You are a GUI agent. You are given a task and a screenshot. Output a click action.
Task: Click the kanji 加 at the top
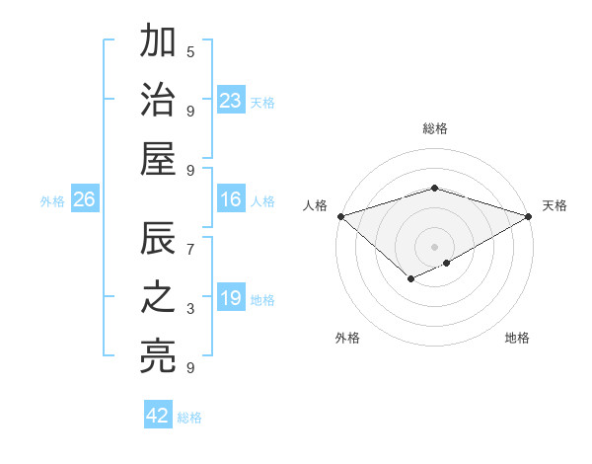pos(159,42)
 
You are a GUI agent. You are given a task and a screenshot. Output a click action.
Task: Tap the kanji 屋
pos(159,158)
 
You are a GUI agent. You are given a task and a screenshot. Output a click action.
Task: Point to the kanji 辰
pos(159,240)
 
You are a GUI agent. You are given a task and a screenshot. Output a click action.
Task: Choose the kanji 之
pos(159,298)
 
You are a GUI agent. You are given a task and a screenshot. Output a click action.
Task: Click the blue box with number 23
pos(230,101)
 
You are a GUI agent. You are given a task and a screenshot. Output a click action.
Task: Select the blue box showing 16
pos(230,200)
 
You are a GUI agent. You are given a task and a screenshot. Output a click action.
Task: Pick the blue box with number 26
pos(84,200)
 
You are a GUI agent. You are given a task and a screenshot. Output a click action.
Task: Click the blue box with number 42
pos(158,416)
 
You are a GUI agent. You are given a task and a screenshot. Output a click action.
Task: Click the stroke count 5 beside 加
pos(190,51)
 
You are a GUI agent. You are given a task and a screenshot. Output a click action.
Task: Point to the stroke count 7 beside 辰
pos(190,250)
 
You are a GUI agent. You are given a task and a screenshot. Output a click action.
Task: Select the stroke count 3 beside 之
pos(190,309)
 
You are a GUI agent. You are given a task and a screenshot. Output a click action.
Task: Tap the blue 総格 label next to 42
pos(189,418)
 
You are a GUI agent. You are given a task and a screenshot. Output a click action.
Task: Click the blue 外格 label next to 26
pos(52,201)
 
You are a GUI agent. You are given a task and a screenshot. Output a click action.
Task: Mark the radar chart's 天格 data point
pos(529,216)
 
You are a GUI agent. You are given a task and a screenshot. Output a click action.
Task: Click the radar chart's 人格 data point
pos(340,216)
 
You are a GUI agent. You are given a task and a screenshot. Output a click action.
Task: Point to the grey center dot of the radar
pos(434,246)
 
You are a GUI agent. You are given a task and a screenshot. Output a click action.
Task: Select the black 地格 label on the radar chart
pos(517,339)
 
